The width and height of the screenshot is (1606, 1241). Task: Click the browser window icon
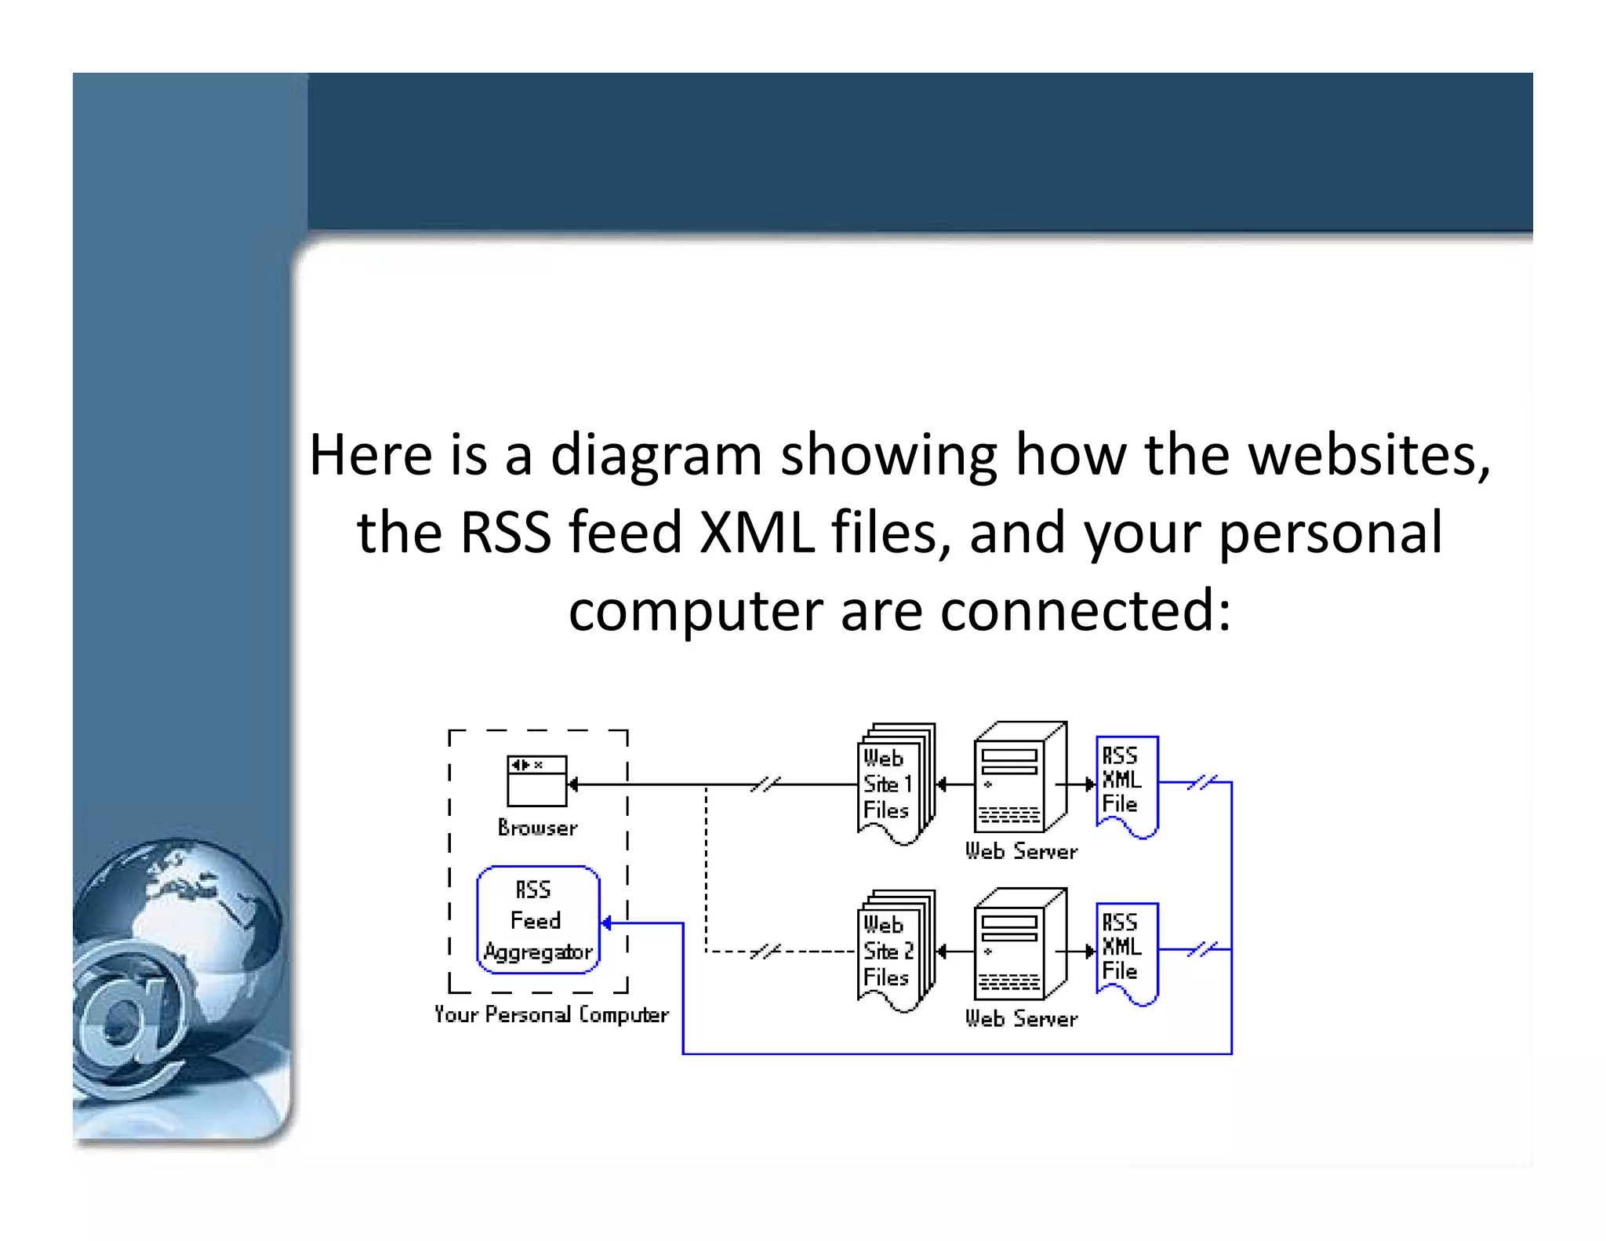coord(536,781)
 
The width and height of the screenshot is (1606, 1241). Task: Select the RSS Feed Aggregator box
coord(538,919)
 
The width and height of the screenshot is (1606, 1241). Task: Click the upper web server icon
coord(1019,777)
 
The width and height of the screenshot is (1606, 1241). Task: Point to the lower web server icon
coord(1019,944)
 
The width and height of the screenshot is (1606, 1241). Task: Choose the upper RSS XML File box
coord(1126,784)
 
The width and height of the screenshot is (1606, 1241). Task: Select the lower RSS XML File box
coord(1126,952)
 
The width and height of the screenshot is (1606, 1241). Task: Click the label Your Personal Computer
coord(551,1014)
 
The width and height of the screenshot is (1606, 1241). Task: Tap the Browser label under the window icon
coord(537,828)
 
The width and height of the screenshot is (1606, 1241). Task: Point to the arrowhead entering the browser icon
coord(573,784)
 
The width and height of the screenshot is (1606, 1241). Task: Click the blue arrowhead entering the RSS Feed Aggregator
coord(606,923)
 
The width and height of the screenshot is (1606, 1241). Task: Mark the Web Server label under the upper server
coord(1021,851)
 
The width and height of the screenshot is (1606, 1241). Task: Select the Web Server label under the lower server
coord(1021,1018)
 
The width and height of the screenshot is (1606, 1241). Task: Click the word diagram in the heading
coord(656,457)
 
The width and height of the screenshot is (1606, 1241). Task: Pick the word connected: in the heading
coord(1085,611)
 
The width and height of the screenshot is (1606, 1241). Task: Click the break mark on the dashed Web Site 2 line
coord(765,952)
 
